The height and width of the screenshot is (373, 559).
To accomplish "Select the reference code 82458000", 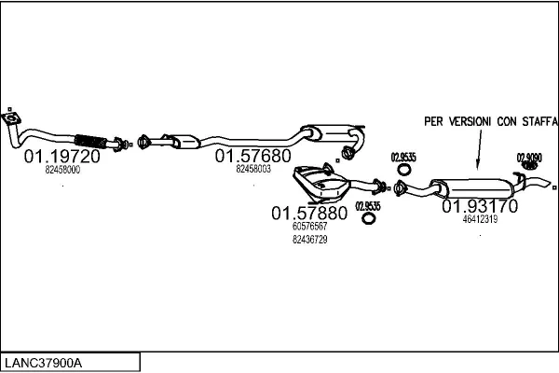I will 62,171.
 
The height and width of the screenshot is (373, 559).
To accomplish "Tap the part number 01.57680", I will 253,156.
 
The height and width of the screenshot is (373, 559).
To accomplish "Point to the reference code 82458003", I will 253,170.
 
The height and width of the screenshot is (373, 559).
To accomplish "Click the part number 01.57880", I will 309,213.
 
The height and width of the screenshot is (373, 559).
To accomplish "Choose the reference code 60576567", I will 309,227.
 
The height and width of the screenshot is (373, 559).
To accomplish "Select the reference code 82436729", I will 309,240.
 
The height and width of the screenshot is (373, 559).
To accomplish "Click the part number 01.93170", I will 480,205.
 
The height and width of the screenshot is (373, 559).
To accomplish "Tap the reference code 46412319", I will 480,220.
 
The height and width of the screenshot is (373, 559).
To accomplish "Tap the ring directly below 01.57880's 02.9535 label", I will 369,219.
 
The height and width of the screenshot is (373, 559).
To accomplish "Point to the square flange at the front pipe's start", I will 12,118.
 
